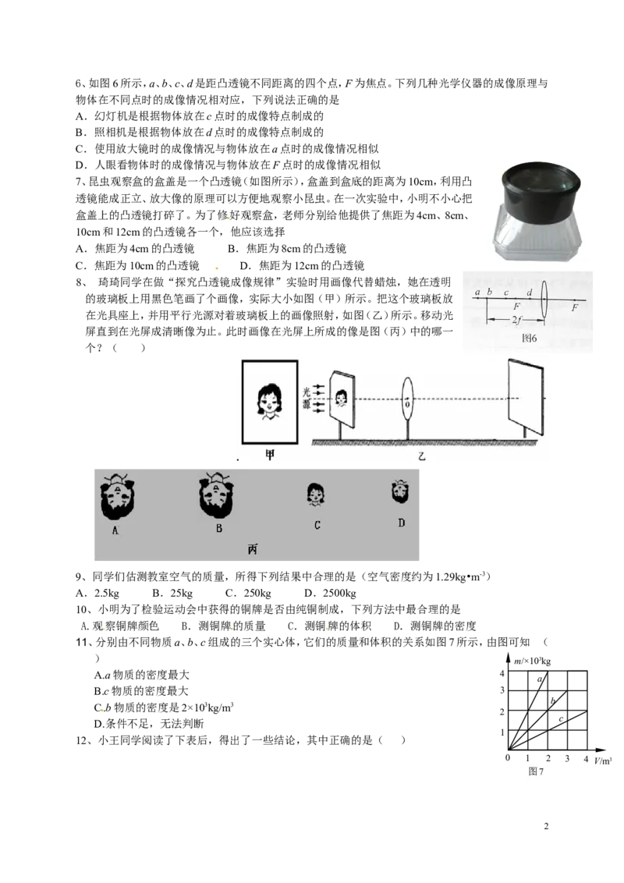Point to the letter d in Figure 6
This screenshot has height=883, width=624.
point(530,293)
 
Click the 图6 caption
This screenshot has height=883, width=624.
point(530,338)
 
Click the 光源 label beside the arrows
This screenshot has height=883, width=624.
point(307,398)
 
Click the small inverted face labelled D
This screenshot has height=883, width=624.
point(400,491)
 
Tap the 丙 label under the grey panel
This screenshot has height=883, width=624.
point(252,548)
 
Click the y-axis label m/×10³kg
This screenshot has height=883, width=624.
point(532,661)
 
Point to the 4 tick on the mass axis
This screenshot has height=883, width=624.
point(502,673)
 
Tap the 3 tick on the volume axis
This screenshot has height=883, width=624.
point(567,758)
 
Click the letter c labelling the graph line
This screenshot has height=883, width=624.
point(561,719)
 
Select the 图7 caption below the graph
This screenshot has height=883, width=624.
point(536,771)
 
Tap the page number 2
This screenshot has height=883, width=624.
point(546,826)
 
